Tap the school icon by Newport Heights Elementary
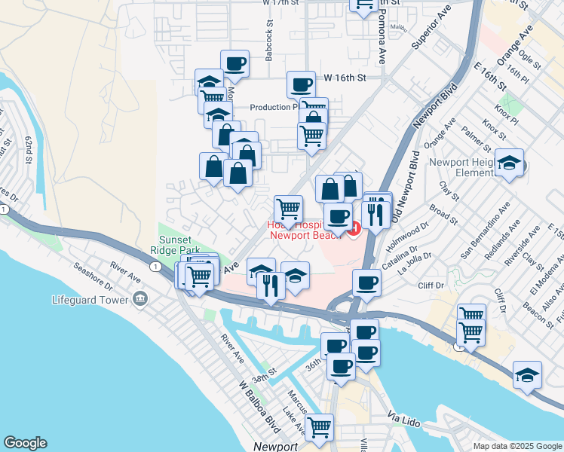click(x=510, y=163)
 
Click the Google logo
click(x=25, y=443)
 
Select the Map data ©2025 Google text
click(x=518, y=446)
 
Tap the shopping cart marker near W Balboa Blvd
click(x=319, y=427)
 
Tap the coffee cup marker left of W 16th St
click(x=301, y=84)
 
